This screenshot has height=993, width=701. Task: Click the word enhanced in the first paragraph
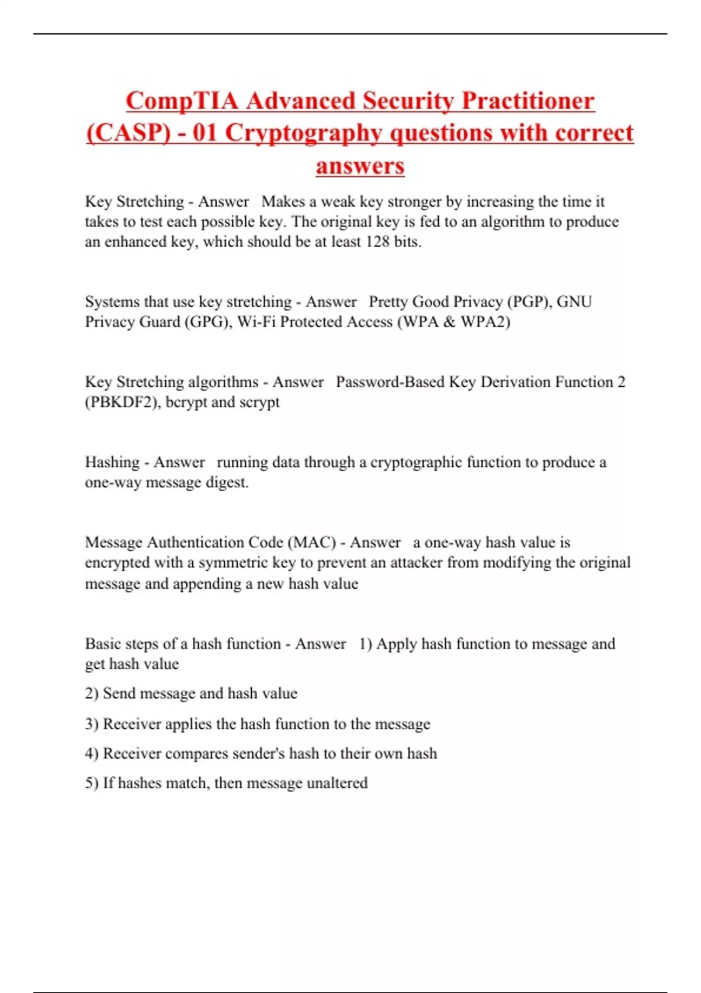click(135, 242)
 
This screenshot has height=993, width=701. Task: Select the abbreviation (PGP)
click(529, 302)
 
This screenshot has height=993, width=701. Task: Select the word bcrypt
click(186, 402)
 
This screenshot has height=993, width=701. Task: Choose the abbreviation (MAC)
click(311, 543)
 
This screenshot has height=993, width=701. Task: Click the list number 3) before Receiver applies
click(91, 724)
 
